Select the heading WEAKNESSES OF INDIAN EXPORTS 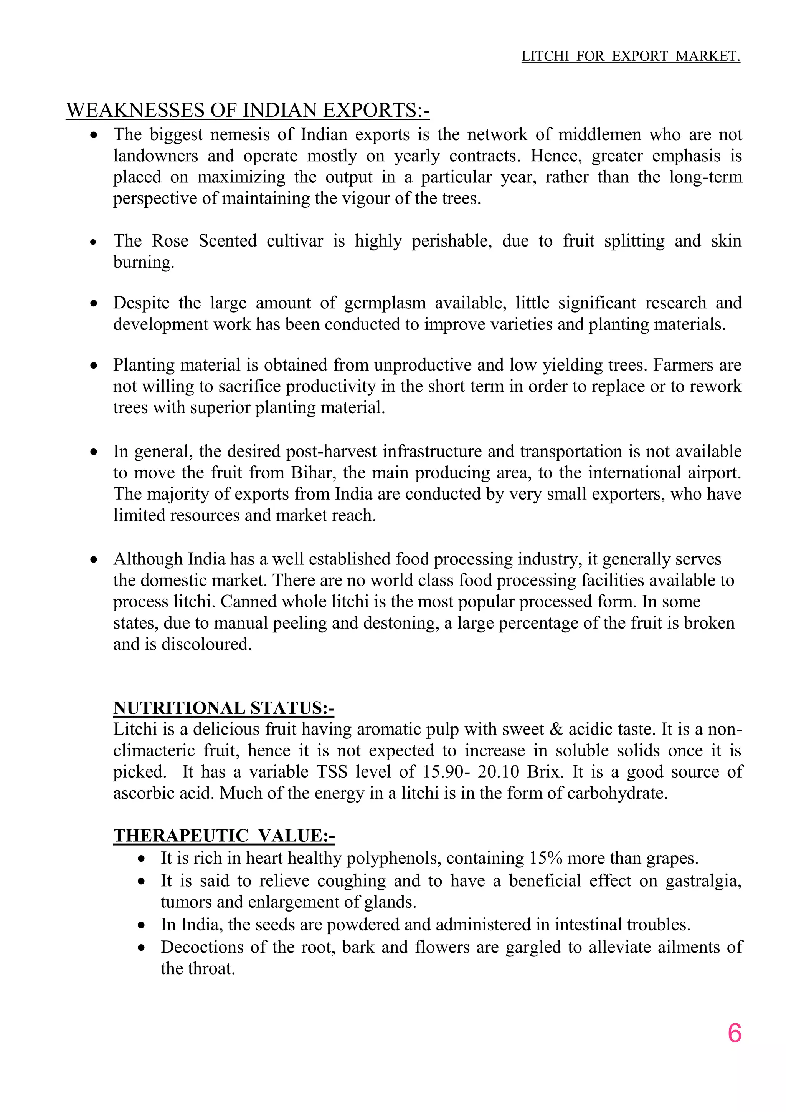pos(247,111)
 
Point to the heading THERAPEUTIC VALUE pos(224,836)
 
